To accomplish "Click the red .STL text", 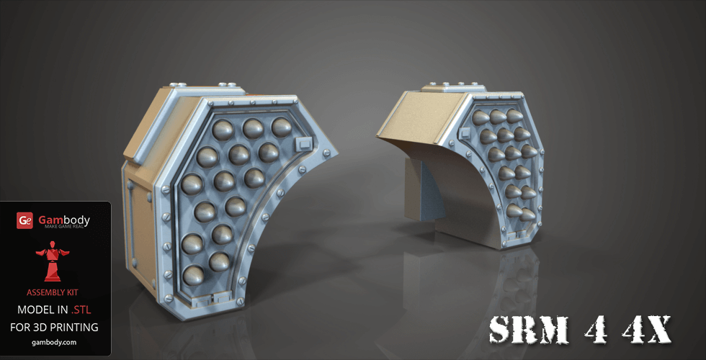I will [x=81, y=310].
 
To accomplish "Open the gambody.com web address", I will [x=55, y=343].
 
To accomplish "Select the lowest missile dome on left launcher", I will [x=195, y=274].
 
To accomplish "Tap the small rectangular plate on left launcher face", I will [x=305, y=145].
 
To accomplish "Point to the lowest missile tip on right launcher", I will [x=524, y=213].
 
